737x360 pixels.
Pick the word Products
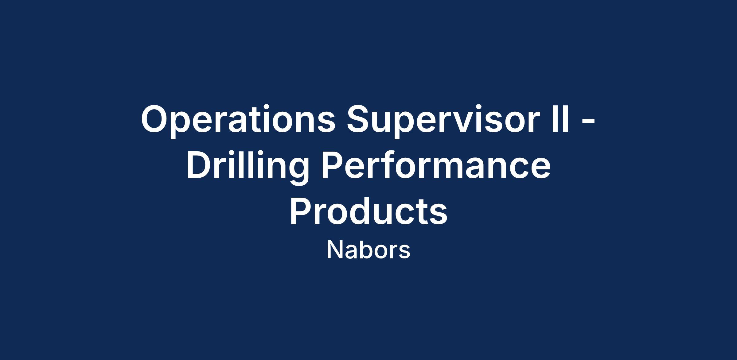tap(368, 211)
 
